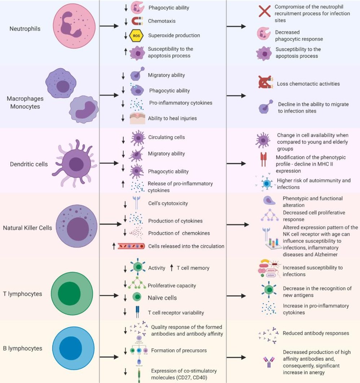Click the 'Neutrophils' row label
pos(25,28)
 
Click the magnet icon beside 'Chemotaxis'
pos(137,21)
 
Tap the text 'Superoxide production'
pos(174,35)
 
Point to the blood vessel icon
pos(132,246)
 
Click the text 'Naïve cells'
pos(162,298)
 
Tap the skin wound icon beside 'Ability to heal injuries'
pos(137,118)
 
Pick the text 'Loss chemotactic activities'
pos(308,84)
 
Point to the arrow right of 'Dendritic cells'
pos(109,163)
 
